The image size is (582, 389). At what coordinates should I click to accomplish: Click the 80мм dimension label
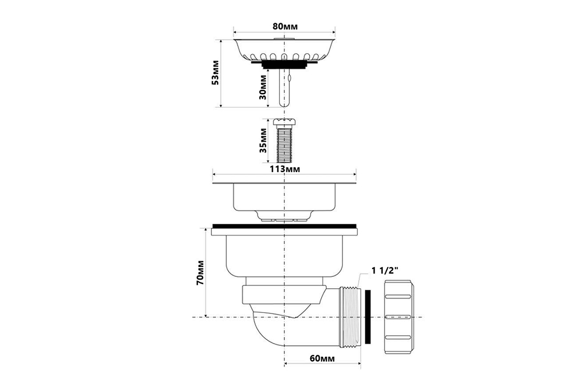point(285,26)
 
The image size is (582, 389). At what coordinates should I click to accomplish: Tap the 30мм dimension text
point(262,87)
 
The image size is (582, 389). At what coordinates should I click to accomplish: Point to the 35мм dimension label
point(263,141)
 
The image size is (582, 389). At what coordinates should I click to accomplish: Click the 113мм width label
point(285,169)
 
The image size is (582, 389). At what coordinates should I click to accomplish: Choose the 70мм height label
point(200,273)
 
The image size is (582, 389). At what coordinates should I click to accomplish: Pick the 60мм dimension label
point(322,358)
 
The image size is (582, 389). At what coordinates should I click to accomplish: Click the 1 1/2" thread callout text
point(385,270)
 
